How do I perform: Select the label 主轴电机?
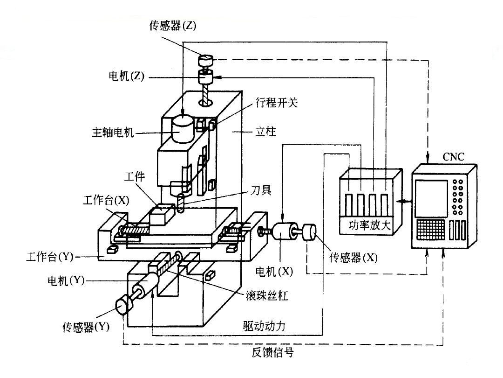click(x=113, y=133)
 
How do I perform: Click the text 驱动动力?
click(x=261, y=327)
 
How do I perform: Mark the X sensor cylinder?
click(x=309, y=232)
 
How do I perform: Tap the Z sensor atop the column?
click(x=205, y=60)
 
